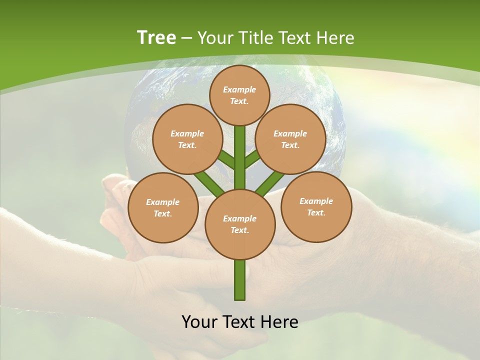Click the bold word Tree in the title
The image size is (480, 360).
click(x=156, y=38)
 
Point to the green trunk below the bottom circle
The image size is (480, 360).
click(x=240, y=280)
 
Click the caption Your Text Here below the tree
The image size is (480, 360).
click(x=240, y=322)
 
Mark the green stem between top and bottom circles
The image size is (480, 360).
click(x=240, y=157)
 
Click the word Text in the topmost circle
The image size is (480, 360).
click(x=239, y=101)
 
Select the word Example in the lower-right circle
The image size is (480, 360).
click(x=316, y=201)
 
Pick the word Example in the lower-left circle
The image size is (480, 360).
click(x=162, y=202)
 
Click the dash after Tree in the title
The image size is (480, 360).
click(x=187, y=38)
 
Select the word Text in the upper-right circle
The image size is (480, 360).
click(x=290, y=145)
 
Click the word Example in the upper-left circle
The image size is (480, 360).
click(x=187, y=133)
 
